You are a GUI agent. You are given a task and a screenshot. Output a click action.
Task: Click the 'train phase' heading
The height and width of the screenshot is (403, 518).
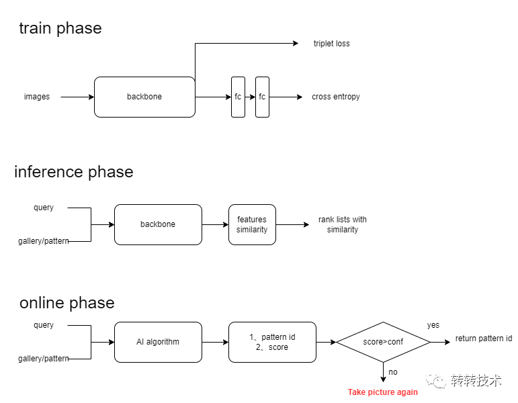click(60, 28)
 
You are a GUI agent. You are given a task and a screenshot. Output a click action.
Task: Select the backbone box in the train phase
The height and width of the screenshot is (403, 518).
click(144, 97)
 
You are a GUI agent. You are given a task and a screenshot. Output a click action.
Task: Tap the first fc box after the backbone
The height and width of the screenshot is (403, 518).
click(238, 97)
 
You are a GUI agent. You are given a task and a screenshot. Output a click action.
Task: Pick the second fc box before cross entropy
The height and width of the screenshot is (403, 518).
click(262, 97)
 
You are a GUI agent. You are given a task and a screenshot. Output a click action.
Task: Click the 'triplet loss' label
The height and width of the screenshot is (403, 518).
click(331, 44)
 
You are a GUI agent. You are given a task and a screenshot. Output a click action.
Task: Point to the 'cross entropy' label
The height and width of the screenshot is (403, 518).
click(335, 97)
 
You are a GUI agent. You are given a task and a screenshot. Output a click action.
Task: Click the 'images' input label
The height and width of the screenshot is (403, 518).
click(37, 97)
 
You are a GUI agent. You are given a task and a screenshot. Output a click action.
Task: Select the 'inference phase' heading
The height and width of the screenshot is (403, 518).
click(74, 172)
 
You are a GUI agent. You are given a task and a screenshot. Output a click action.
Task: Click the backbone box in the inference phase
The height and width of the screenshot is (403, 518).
click(158, 224)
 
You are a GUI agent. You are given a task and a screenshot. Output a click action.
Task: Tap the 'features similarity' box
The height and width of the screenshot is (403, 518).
click(252, 224)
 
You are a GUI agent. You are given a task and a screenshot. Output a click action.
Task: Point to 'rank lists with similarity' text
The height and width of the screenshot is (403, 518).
click(343, 224)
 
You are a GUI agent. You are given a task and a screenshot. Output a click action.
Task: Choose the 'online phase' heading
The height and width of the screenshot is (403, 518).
click(67, 302)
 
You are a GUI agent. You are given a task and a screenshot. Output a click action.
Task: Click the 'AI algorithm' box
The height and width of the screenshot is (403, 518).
click(158, 342)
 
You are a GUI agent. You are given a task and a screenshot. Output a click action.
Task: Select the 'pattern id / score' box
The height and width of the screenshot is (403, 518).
click(272, 342)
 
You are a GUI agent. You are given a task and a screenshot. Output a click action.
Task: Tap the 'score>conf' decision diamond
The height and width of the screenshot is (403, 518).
click(383, 342)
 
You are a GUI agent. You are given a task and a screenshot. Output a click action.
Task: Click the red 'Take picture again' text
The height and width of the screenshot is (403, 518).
click(383, 392)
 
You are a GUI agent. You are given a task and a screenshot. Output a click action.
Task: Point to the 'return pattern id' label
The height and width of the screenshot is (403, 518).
click(484, 339)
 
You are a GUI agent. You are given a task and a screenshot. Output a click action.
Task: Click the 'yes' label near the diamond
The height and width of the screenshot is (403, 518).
click(433, 325)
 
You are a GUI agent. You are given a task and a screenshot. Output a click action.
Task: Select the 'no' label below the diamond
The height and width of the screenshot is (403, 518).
click(393, 371)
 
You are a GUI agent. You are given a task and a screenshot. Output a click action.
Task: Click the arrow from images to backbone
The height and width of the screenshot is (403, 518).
click(77, 97)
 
